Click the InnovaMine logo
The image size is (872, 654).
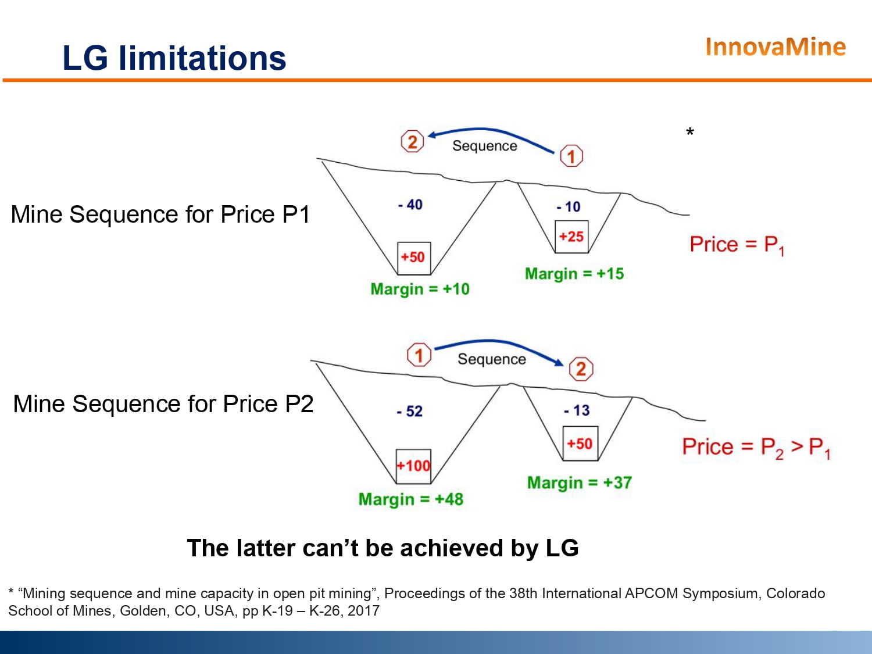[775, 47]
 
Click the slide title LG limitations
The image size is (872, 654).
[174, 58]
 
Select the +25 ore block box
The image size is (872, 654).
[571, 237]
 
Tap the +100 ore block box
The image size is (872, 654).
[413, 466]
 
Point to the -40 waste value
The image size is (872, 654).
[410, 205]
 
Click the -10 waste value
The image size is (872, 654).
[569, 206]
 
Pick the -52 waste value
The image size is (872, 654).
[410, 411]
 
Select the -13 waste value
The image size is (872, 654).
[577, 410]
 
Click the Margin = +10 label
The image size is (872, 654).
[420, 289]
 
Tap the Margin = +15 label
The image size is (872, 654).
[574, 274]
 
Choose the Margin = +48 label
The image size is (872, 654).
[411, 499]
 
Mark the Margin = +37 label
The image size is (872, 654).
[579, 483]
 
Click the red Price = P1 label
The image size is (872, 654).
[737, 245]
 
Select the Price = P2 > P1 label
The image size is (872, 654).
[756, 448]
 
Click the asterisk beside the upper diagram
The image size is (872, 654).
[690, 132]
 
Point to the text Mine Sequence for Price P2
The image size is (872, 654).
[163, 404]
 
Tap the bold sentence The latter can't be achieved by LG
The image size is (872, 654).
[383, 548]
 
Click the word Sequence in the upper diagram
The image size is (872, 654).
[485, 146]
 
